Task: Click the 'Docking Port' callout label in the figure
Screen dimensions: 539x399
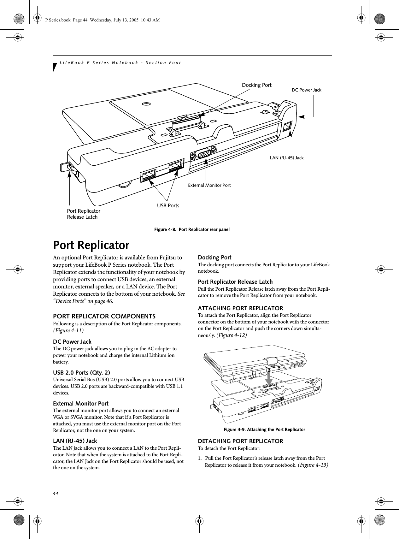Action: click(256, 85)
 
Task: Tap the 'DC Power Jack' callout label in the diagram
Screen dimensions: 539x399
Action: click(306, 90)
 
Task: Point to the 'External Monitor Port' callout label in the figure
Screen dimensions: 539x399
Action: click(209, 185)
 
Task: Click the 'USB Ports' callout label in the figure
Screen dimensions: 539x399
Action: click(168, 206)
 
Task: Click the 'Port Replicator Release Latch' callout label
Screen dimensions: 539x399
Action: click(84, 214)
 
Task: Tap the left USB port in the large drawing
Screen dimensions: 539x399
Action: click(149, 175)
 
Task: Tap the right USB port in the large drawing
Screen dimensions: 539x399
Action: click(176, 166)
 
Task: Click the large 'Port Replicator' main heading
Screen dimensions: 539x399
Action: click(91, 245)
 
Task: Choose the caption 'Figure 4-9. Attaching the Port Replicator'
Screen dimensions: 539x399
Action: click(264, 429)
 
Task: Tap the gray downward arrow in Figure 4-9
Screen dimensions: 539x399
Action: click(268, 379)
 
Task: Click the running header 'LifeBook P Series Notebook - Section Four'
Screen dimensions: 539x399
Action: click(120, 62)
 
